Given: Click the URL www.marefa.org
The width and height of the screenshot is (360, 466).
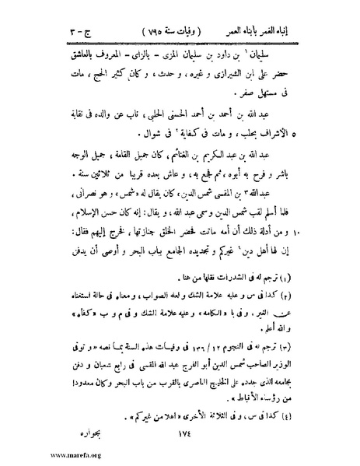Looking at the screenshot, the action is (x=33, y=459).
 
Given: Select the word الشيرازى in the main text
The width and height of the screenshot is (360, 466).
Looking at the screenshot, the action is (x=248, y=79).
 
